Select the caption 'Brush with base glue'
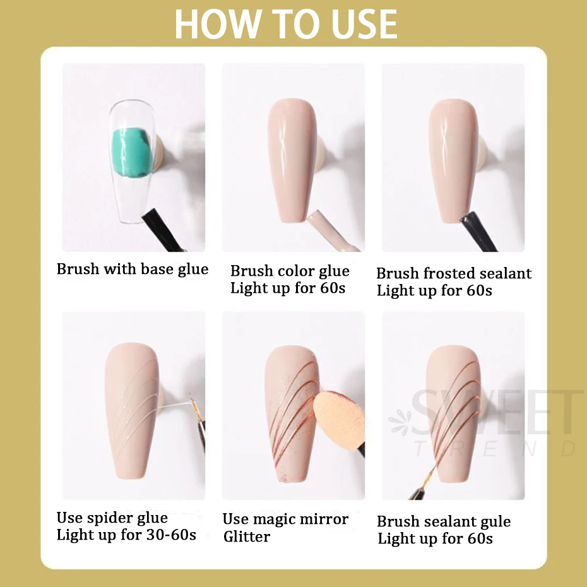tap(133, 269)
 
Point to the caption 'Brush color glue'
tap(290, 271)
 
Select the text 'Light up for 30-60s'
tap(126, 535)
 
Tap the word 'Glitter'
tap(247, 537)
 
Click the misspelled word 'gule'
tap(494, 521)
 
